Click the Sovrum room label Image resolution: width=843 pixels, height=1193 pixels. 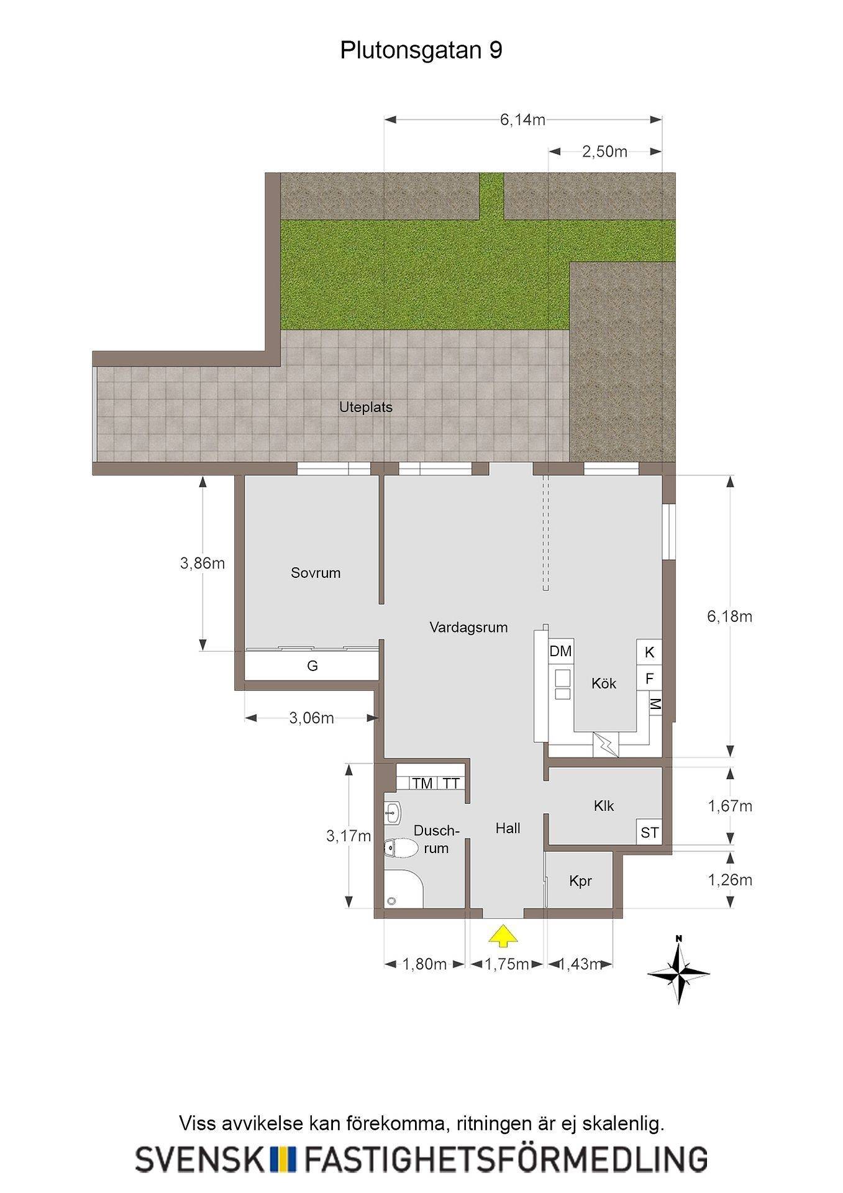click(x=316, y=573)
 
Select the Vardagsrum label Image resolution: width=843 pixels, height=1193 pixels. click(x=468, y=628)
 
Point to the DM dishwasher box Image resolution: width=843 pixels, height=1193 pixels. click(x=560, y=652)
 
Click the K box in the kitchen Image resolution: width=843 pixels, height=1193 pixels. click(x=649, y=652)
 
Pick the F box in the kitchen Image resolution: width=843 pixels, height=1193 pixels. click(x=649, y=679)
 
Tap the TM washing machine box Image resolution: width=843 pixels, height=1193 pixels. click(x=422, y=784)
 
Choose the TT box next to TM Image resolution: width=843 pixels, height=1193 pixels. click(x=452, y=784)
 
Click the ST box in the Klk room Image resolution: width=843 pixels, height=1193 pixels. click(x=649, y=832)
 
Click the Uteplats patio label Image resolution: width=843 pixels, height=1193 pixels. click(x=366, y=408)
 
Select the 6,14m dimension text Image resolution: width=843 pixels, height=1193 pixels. click(x=522, y=119)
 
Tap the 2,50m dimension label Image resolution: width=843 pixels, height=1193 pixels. click(x=604, y=151)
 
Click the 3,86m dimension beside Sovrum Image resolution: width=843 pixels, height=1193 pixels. click(x=203, y=564)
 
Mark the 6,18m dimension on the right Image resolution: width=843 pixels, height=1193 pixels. click(x=729, y=616)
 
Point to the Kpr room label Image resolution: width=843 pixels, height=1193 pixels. click(x=580, y=881)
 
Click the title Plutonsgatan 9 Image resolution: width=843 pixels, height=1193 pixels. click(x=421, y=50)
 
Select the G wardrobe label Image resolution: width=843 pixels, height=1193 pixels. click(x=312, y=666)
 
